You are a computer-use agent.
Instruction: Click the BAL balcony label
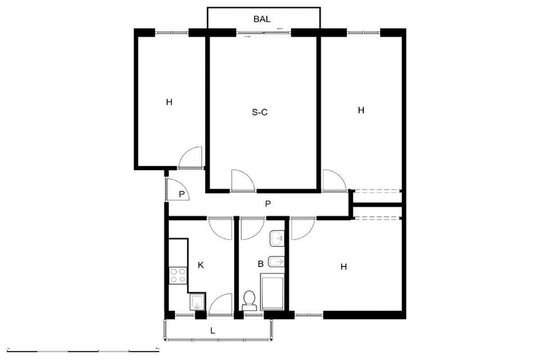click(x=262, y=19)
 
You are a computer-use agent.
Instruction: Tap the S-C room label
click(x=260, y=112)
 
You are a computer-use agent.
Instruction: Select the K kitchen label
click(x=201, y=265)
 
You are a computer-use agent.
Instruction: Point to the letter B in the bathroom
click(x=261, y=264)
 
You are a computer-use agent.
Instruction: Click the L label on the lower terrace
click(x=212, y=331)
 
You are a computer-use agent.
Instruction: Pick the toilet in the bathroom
click(x=249, y=301)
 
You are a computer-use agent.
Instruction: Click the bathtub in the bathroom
click(x=272, y=292)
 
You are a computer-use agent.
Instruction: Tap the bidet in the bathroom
click(x=276, y=261)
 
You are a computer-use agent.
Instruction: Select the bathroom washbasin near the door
click(x=277, y=238)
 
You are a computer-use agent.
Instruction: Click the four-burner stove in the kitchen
click(x=178, y=275)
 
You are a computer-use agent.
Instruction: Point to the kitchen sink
click(x=198, y=301)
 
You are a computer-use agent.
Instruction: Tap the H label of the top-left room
click(x=169, y=102)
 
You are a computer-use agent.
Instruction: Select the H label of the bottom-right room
click(x=343, y=267)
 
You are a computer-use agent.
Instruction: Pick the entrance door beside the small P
click(x=177, y=189)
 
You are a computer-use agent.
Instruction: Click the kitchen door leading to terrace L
click(x=220, y=304)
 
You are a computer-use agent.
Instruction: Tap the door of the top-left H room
click(x=190, y=157)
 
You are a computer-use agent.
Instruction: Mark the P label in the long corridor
click(x=268, y=204)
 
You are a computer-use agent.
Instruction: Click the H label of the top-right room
click(x=361, y=110)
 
